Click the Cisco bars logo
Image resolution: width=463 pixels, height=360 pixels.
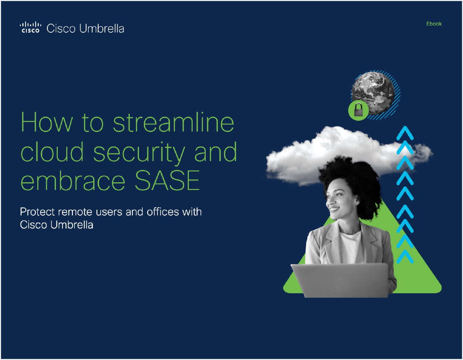tap(31, 27)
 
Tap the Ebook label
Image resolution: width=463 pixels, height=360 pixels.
tap(434, 24)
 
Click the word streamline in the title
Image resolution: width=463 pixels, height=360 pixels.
tap(173, 122)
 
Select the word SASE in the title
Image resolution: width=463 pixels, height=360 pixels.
tap(168, 180)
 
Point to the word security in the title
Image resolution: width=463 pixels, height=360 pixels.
tap(139, 152)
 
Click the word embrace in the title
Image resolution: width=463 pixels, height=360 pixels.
tap(73, 180)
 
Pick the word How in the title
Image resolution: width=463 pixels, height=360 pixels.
tap(47, 122)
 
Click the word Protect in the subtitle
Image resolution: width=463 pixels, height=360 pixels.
tap(37, 212)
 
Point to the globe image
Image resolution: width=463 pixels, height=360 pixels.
tap(373, 93)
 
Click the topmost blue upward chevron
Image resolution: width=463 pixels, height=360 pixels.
tap(405, 133)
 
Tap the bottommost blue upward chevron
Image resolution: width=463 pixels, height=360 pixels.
tap(405, 257)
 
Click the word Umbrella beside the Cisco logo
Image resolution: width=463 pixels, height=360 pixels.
tap(101, 29)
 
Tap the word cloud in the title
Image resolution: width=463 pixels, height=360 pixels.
tap(52, 152)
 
